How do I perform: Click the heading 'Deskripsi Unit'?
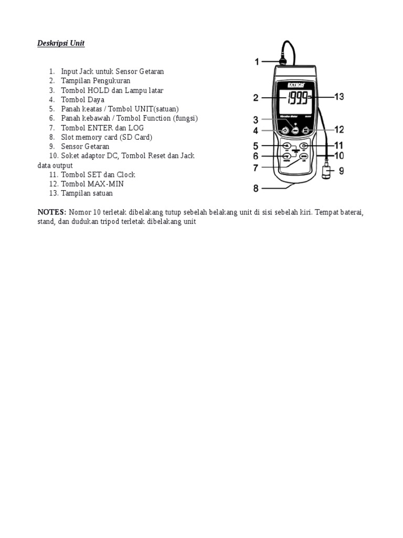(x=61, y=44)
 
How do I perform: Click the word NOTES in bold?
(x=51, y=212)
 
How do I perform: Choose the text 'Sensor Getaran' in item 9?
(x=85, y=147)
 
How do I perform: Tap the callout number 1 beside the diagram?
(x=257, y=62)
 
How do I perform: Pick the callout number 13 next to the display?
(x=339, y=97)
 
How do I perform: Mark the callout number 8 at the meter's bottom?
(x=257, y=188)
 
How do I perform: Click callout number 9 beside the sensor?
(x=341, y=171)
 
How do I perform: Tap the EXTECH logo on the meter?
(x=296, y=84)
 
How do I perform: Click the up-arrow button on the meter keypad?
(x=287, y=146)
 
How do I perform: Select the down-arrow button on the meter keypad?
(x=287, y=156)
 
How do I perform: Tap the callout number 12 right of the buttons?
(x=339, y=129)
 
